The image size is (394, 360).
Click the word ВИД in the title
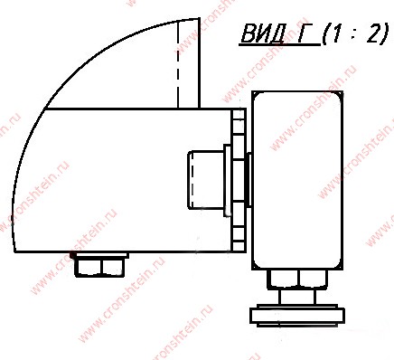[263, 33]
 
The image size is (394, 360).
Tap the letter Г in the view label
[305, 33]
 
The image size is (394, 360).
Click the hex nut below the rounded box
[298, 279]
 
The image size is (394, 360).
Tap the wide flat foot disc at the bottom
[297, 316]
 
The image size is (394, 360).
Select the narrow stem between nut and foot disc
[297, 297]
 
